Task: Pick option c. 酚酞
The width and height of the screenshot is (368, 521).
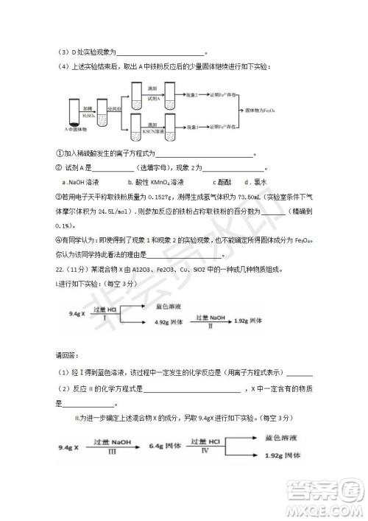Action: [x=222, y=181]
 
